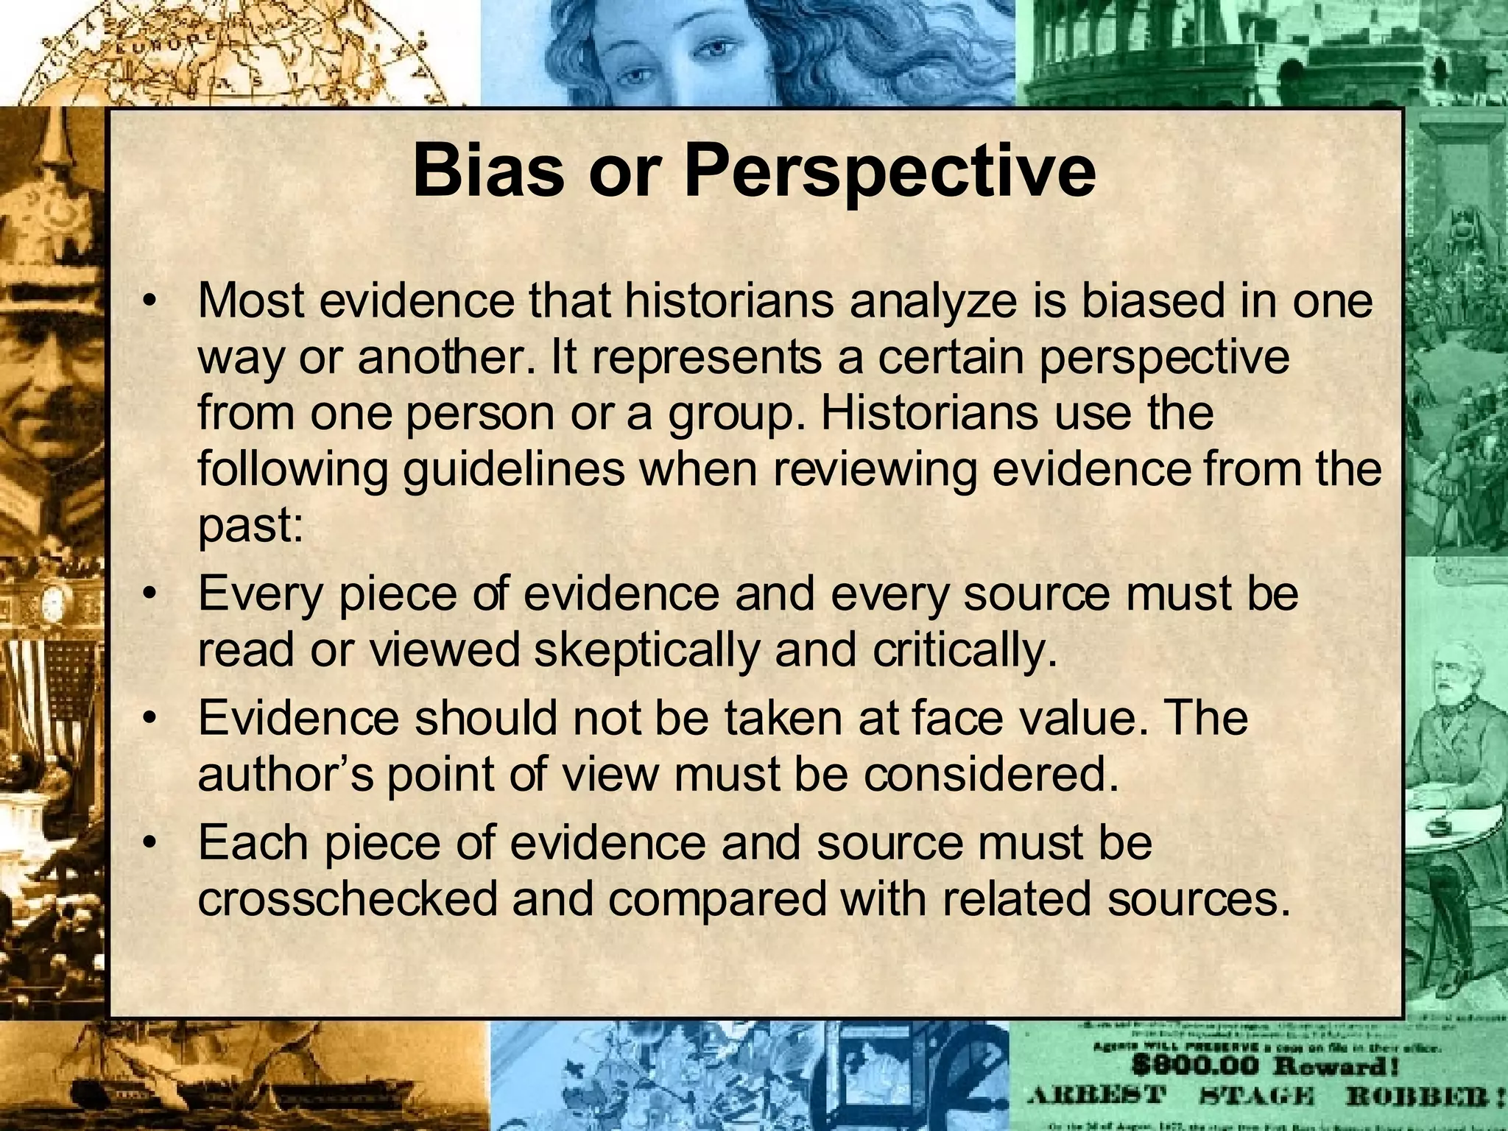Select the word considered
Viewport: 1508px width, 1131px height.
990,775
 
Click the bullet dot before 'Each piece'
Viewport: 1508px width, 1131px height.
150,843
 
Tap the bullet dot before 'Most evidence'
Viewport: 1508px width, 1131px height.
150,302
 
